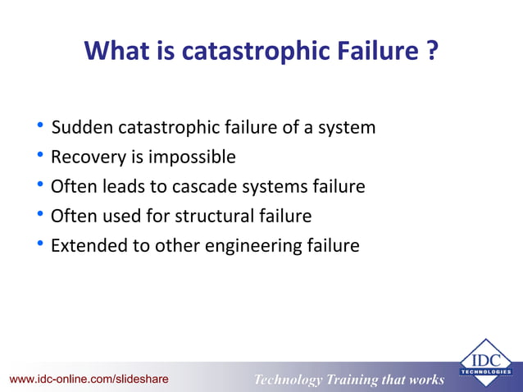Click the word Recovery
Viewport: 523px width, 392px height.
click(86, 157)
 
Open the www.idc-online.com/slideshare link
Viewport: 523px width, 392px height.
click(89, 379)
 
